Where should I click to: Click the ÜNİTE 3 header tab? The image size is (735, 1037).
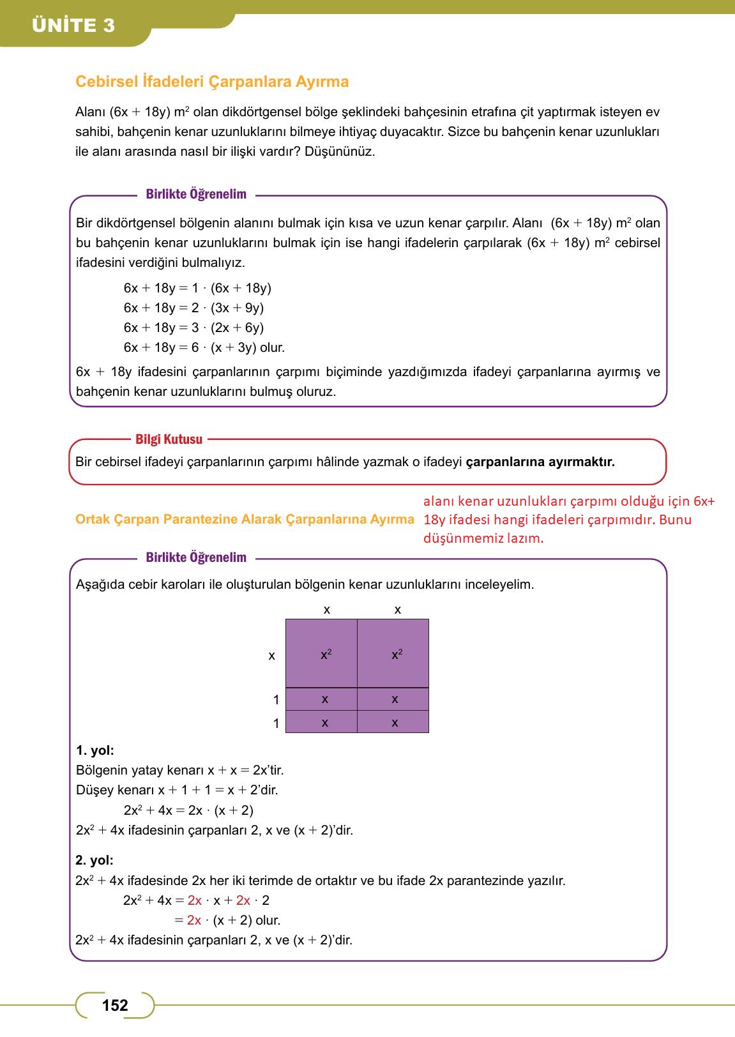pyautogui.click(x=73, y=26)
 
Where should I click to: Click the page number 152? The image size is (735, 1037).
pyautogui.click(x=115, y=1006)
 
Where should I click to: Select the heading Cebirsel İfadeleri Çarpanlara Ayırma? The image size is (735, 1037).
pyautogui.click(x=212, y=82)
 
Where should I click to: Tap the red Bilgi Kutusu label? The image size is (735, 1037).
pyautogui.click(x=169, y=439)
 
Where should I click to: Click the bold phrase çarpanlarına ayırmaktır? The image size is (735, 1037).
pyautogui.click(x=540, y=462)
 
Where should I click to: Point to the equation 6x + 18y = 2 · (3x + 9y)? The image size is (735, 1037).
pyautogui.click(x=193, y=308)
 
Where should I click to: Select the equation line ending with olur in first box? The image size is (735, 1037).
pyautogui.click(x=204, y=347)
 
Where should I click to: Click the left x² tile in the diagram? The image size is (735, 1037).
pyautogui.click(x=321, y=654)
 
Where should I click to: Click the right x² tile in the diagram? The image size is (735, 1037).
pyautogui.click(x=393, y=654)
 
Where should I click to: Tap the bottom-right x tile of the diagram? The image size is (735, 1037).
pyautogui.click(x=393, y=723)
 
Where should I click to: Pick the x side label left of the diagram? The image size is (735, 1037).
pyautogui.click(x=272, y=656)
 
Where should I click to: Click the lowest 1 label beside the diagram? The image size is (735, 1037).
pyautogui.click(x=276, y=723)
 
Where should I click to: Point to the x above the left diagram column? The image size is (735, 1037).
pyautogui.click(x=327, y=610)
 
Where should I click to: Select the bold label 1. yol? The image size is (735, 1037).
pyautogui.click(x=95, y=750)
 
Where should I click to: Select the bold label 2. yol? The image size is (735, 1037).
pyautogui.click(x=95, y=860)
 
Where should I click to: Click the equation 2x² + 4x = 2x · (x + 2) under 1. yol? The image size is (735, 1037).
pyautogui.click(x=188, y=810)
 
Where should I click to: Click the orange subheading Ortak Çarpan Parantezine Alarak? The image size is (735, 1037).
pyautogui.click(x=245, y=519)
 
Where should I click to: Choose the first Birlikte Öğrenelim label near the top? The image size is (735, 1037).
pyautogui.click(x=196, y=194)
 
